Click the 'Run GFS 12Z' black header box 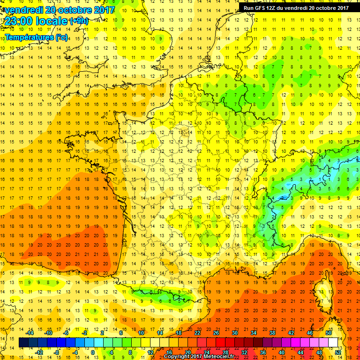[x=296, y=7]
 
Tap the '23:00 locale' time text [x=36, y=21]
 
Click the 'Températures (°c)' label [x=36, y=37]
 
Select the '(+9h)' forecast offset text [x=78, y=21]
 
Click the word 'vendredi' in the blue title [x=22, y=9]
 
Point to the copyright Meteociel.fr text [x=202, y=357]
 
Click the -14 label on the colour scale [x=30, y=332]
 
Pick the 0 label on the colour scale [x=93, y=352]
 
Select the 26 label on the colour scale [x=216, y=332]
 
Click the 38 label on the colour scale [x=272, y=332]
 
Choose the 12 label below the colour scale [x=150, y=352]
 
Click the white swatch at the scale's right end [x=333, y=343]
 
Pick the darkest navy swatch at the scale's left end [x=24, y=343]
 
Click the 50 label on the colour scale [x=328, y=332]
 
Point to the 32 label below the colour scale [x=244, y=352]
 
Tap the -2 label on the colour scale [x=85, y=332]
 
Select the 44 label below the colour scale [x=300, y=352]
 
